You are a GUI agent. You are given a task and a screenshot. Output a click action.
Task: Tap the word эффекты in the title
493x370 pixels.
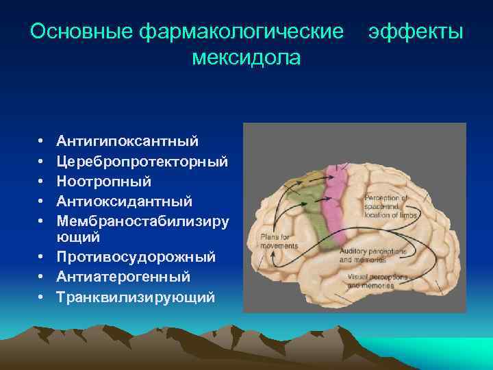pyautogui.click(x=416, y=32)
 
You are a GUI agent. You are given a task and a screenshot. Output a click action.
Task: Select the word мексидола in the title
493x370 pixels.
pyautogui.click(x=246, y=58)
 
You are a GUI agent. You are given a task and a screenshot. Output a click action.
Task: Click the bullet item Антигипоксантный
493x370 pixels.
pyautogui.click(x=128, y=141)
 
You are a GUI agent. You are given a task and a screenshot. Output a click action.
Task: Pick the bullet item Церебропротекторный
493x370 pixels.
pyautogui.click(x=142, y=162)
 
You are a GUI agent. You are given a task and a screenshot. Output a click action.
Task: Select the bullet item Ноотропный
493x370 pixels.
pyautogui.click(x=104, y=182)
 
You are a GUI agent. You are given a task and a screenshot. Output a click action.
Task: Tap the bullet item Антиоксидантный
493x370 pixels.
pyautogui.click(x=124, y=201)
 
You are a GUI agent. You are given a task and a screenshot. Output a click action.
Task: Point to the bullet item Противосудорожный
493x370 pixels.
pyautogui.click(x=136, y=257)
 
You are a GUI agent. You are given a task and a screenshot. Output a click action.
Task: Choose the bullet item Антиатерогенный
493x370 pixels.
pyautogui.click(x=123, y=277)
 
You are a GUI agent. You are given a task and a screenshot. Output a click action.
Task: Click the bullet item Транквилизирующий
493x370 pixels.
pyautogui.click(x=136, y=297)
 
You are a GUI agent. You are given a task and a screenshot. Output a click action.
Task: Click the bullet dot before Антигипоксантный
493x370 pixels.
pyautogui.click(x=43, y=142)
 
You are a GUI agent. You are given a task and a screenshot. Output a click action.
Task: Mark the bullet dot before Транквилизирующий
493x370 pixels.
pyautogui.click(x=43, y=297)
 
